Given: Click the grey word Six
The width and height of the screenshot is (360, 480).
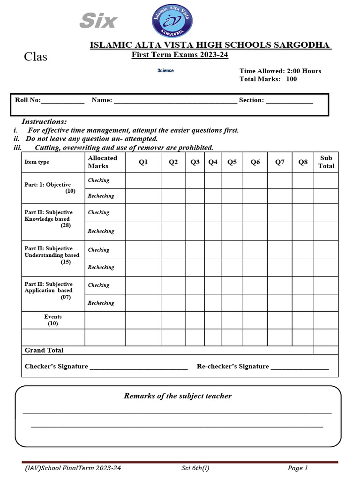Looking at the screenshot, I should pos(98,21).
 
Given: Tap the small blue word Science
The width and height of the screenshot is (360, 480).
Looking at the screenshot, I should pos(165,71).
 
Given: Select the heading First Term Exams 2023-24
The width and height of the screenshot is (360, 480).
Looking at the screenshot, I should pos(180,55).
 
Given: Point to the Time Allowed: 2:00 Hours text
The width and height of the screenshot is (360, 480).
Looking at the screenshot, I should pos(280,71).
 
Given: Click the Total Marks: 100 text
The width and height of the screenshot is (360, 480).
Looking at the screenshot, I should pos(268,79).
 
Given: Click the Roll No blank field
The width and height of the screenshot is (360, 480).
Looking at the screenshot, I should pos(63,100).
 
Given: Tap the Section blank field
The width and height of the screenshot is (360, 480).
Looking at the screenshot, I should pos(289,100).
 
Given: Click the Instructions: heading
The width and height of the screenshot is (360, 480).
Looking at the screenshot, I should pos(44,121).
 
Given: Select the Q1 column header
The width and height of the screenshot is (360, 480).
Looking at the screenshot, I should pos(143,162).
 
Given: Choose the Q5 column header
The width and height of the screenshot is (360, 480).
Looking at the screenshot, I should pos(232,162).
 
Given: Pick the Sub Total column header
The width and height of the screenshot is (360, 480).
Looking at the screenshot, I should pos(326,162).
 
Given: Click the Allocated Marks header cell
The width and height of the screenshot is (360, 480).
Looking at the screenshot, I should pos(103,162).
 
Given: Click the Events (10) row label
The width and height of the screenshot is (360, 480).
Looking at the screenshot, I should pos(52,320).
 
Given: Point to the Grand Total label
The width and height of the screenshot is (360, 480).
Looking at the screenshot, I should pos(44,350).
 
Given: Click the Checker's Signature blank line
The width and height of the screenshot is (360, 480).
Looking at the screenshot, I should pos(138,367).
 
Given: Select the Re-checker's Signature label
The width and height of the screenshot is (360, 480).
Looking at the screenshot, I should pos(232,366).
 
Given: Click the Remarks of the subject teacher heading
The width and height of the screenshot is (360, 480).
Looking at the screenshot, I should pos(178,396).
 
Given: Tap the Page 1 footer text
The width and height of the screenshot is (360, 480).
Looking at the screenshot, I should pos(298,468).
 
